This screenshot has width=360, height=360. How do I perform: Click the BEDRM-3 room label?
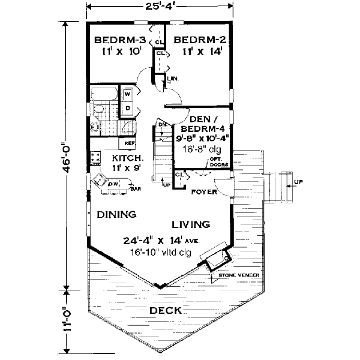tap(121, 40)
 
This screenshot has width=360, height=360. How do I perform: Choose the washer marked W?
tap(127, 94)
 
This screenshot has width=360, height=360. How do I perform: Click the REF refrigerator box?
tap(129, 144)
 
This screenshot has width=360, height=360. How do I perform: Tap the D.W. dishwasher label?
tap(114, 183)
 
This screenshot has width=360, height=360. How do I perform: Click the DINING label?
tap(116, 214)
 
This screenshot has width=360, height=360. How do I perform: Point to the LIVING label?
tap(191, 225)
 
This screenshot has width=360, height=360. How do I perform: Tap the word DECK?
tap(166, 310)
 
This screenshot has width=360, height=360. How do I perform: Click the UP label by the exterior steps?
tap(299, 180)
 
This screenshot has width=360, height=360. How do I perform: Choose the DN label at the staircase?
tap(162, 125)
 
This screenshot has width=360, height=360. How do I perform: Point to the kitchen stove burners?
tap(95, 158)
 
